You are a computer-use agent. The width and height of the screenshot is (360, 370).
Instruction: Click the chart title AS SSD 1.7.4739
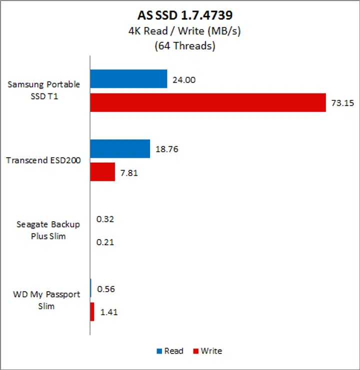pos(179,14)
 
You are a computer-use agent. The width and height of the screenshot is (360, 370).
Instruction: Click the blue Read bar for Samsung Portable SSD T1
pos(128,79)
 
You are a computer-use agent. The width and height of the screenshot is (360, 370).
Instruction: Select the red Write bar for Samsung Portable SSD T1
pos(208,102)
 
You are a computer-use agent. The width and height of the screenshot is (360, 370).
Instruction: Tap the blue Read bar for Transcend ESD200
pos(120,149)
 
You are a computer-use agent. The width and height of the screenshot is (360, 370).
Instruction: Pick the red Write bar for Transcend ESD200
pos(102,172)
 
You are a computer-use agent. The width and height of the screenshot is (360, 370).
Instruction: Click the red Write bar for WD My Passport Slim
pos(92,312)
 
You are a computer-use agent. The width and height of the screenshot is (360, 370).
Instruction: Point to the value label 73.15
pos(340,103)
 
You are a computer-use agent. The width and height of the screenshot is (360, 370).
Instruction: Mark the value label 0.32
pos(105,219)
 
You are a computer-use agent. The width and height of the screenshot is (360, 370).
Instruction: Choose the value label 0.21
pos(105,242)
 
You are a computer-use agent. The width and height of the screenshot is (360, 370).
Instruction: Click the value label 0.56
pos(106,289)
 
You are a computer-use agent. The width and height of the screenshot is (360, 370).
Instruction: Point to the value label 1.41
pos(109,313)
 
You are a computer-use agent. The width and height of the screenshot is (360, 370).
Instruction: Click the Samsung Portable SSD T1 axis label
pos(43,90)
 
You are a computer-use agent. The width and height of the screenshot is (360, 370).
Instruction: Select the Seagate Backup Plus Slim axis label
pos(46,230)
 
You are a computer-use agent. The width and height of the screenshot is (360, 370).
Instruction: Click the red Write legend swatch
pos(195,351)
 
